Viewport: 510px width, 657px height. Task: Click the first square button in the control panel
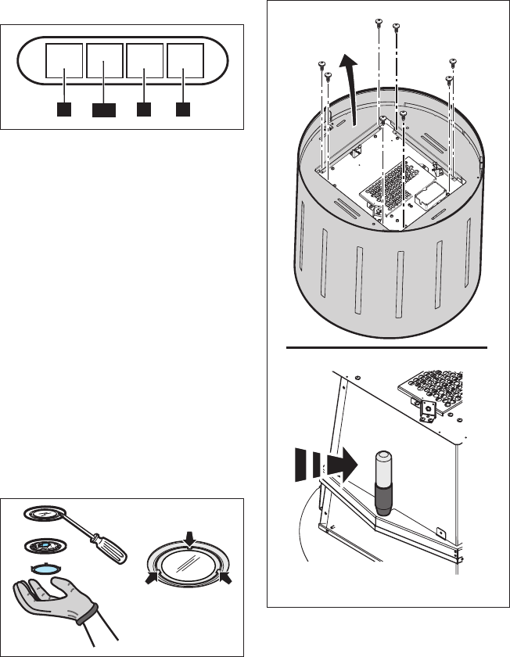pyautogui.click(x=65, y=62)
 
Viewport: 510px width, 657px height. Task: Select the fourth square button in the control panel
pyautogui.click(x=184, y=62)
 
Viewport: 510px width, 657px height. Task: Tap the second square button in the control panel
pyautogui.click(x=105, y=62)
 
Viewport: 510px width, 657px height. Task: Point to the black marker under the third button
pyautogui.click(x=144, y=109)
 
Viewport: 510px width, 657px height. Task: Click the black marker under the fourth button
pyautogui.click(x=183, y=109)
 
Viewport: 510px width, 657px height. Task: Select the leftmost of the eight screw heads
pyautogui.click(x=321, y=64)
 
